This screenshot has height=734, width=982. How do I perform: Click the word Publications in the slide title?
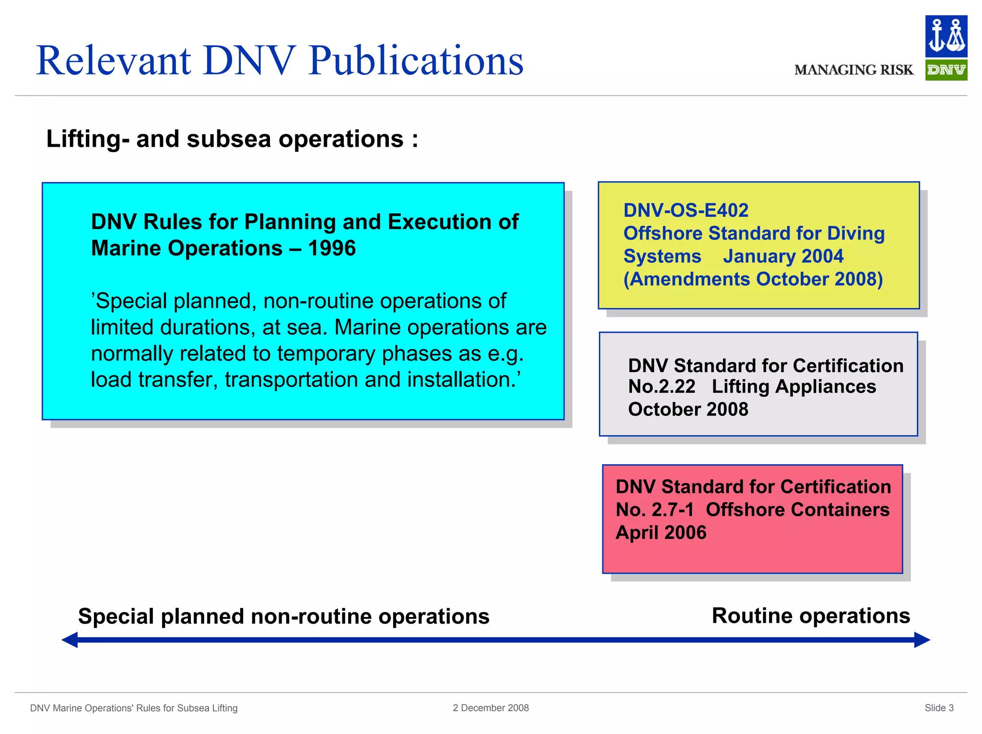pyautogui.click(x=416, y=61)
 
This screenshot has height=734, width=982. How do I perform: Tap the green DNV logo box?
pyautogui.click(x=946, y=70)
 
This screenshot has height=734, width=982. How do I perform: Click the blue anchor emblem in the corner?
pyautogui.click(x=946, y=36)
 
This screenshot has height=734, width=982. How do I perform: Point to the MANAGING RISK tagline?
pyautogui.click(x=853, y=70)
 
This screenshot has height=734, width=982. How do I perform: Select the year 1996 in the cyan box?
pyautogui.click(x=332, y=248)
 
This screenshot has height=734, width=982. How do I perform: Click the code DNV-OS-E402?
pyautogui.click(x=686, y=210)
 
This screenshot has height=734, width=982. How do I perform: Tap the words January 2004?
pyautogui.click(x=783, y=256)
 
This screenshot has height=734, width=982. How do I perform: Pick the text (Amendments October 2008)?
pyautogui.click(x=753, y=279)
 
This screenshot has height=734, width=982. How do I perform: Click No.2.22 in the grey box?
pyautogui.click(x=662, y=386)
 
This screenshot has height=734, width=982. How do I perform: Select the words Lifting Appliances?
pyautogui.click(x=794, y=386)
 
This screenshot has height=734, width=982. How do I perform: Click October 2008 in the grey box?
pyautogui.click(x=688, y=409)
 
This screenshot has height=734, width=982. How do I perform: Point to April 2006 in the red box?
pyautogui.click(x=661, y=533)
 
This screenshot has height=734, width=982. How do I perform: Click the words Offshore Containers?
pyautogui.click(x=797, y=510)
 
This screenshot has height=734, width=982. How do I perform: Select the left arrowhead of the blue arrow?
pyautogui.click(x=70, y=640)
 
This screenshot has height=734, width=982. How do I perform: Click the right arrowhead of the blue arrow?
pyautogui.click(x=922, y=640)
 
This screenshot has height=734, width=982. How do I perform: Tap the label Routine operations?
pyautogui.click(x=810, y=616)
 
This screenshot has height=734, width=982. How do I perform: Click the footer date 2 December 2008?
pyautogui.click(x=491, y=708)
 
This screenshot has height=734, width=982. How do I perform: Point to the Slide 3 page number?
pyautogui.click(x=939, y=708)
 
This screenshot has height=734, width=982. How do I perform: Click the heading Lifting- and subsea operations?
pyautogui.click(x=232, y=139)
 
